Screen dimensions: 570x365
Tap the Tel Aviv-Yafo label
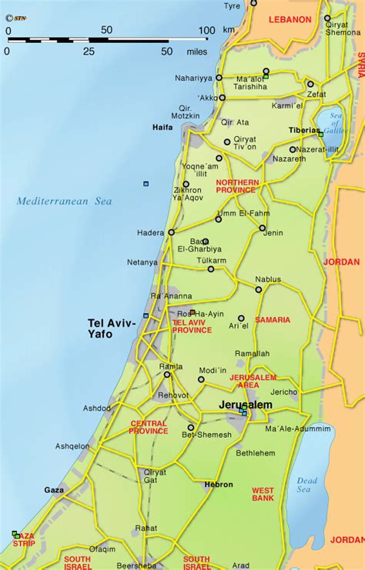(x=112, y=328)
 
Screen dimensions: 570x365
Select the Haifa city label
(x=162, y=128)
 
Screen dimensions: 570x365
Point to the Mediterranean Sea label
(x=65, y=202)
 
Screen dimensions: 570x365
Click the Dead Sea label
(x=307, y=485)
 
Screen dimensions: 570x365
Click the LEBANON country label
(x=290, y=19)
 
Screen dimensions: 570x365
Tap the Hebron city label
(x=219, y=485)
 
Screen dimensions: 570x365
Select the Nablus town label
(x=268, y=279)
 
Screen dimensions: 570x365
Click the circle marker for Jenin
(x=263, y=228)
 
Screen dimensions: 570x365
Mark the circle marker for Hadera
(x=171, y=232)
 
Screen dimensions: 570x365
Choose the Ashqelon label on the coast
(x=72, y=446)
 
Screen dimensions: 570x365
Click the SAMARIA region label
(x=273, y=319)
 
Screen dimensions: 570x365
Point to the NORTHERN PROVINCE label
(x=237, y=186)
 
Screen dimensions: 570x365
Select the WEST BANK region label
(x=263, y=494)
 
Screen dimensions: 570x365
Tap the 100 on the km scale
(x=206, y=30)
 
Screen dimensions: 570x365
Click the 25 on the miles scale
(x=89, y=51)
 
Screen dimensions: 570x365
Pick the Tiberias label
(x=303, y=130)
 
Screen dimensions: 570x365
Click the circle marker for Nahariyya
(x=219, y=78)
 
